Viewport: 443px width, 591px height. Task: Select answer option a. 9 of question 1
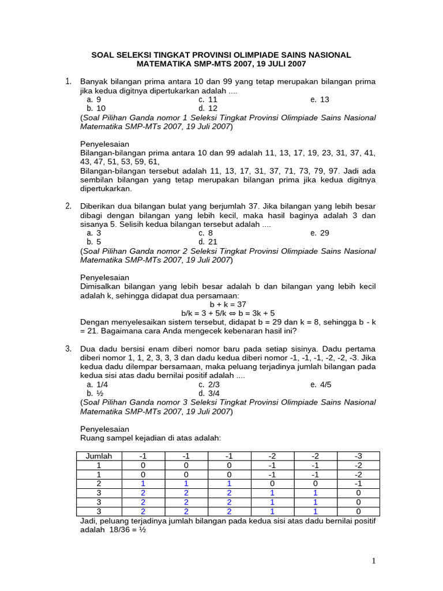tap(93, 99)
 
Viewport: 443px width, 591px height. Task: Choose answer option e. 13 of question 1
tap(320, 99)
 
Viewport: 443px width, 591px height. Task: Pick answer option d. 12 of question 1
tap(208, 108)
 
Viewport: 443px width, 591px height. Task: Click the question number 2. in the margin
tap(68, 206)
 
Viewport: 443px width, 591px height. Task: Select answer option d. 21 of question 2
tap(208, 242)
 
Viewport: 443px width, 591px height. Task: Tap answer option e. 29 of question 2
tap(320, 233)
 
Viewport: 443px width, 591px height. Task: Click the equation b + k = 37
tap(228, 304)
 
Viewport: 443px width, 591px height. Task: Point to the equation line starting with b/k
tap(228, 313)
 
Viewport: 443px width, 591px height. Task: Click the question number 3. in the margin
tap(68, 349)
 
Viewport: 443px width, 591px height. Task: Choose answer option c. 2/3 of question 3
tap(209, 384)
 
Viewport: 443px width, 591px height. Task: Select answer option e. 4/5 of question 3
tap(321, 384)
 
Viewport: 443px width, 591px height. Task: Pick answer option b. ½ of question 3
tap(95, 393)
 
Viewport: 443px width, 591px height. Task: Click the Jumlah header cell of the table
tap(99, 456)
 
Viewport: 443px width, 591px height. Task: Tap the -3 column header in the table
tap(358, 456)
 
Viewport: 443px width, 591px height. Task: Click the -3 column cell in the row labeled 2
tap(358, 484)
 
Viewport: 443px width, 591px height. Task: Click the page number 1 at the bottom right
tap(374, 561)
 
